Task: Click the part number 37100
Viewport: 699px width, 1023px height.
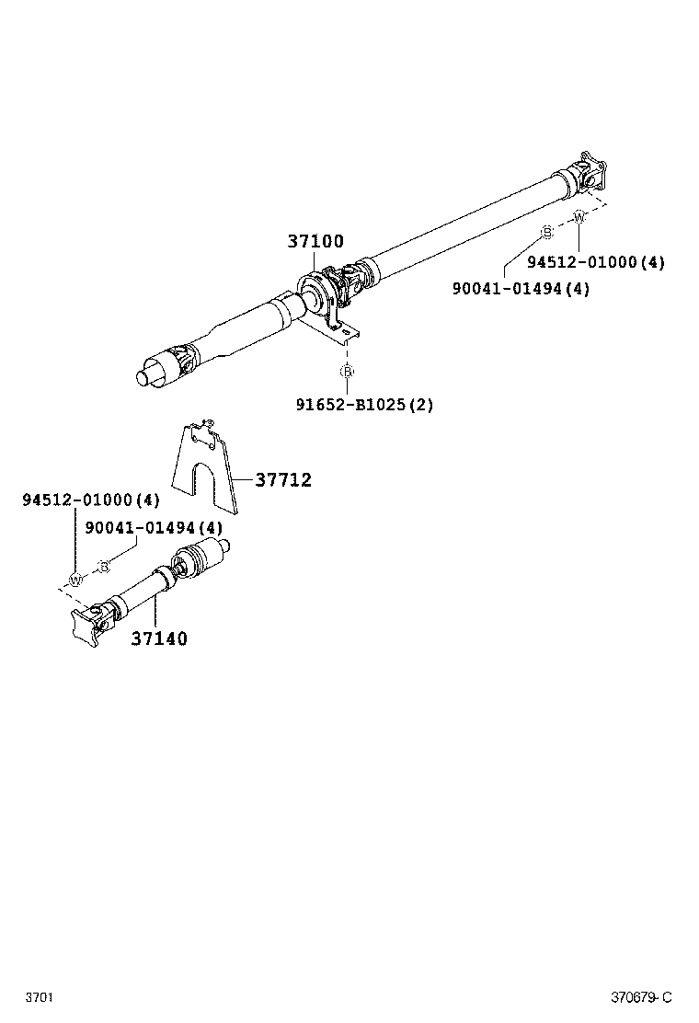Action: [315, 242]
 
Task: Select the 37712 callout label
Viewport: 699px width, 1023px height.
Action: [283, 480]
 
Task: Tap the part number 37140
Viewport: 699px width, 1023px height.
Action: [158, 638]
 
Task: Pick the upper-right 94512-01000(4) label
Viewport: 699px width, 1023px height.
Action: [595, 262]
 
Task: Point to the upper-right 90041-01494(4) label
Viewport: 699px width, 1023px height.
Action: [521, 288]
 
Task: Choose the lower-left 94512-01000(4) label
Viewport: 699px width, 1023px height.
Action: [91, 500]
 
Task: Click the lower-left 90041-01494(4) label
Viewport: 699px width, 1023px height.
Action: [154, 528]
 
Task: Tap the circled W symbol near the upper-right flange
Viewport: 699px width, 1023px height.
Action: [579, 217]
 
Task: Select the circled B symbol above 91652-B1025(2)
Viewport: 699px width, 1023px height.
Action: [347, 372]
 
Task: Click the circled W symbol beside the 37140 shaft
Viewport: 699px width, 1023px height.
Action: [75, 580]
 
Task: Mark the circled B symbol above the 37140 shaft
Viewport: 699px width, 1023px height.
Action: [104, 566]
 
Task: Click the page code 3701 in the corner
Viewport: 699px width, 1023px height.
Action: [38, 997]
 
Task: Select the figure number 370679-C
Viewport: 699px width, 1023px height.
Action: [642, 997]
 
